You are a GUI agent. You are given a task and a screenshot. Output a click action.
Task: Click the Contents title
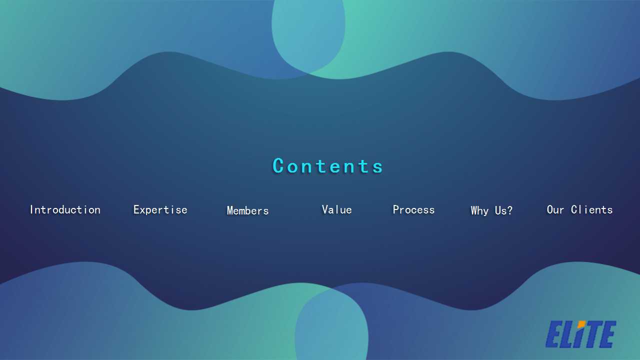point(327,165)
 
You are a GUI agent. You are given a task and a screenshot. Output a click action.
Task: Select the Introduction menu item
point(65,209)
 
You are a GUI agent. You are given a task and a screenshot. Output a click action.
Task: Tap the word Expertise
point(160,209)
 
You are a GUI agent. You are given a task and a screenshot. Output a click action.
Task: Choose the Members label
point(247,210)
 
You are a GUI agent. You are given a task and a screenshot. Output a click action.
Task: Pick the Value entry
point(337,209)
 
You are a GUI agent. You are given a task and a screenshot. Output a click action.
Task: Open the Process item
point(413,209)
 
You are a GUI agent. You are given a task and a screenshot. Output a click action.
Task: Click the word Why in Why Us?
point(479,211)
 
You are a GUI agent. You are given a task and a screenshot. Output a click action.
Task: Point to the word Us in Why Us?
point(500,210)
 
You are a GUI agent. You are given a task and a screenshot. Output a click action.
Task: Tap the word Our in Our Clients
point(555,209)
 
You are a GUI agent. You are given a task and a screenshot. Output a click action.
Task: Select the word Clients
point(591,209)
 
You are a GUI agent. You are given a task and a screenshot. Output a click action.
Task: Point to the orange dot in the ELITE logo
point(581,324)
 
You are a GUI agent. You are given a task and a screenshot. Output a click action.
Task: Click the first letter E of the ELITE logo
point(553,334)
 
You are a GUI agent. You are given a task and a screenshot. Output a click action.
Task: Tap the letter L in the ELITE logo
point(567,334)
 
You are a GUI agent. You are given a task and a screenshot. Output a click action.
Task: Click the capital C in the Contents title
point(278,165)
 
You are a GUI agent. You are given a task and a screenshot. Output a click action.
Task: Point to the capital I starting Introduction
point(32,209)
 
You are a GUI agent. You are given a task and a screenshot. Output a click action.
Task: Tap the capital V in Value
point(325,209)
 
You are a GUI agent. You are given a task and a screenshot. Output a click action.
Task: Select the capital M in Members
point(230,210)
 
